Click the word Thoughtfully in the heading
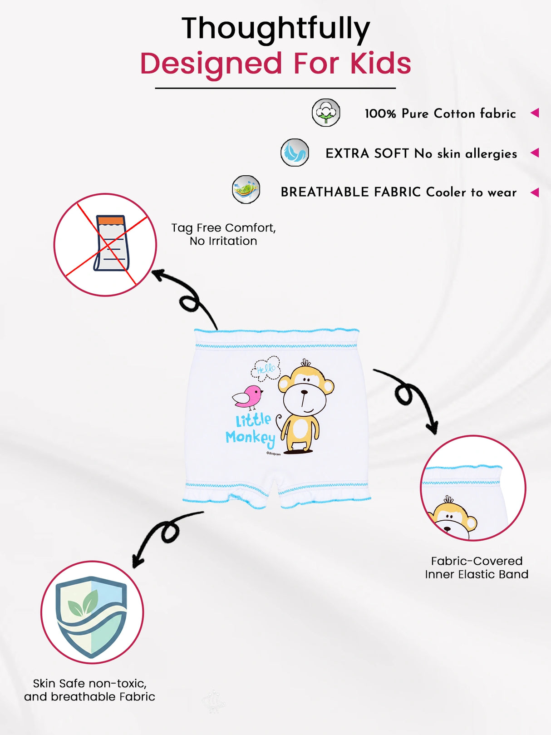(x=276, y=30)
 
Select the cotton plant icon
(x=326, y=113)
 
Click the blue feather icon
(x=295, y=153)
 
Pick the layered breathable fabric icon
(x=246, y=189)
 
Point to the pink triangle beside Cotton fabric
(x=535, y=113)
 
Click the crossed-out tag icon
(x=105, y=245)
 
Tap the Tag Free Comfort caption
(x=224, y=234)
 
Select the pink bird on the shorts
(x=248, y=397)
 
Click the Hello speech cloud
(x=266, y=369)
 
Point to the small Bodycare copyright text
(x=274, y=454)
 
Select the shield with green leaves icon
(x=91, y=617)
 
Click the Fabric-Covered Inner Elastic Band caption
(x=477, y=567)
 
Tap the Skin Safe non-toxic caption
(x=89, y=690)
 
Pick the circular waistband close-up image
(x=473, y=488)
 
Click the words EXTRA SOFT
(x=367, y=153)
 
